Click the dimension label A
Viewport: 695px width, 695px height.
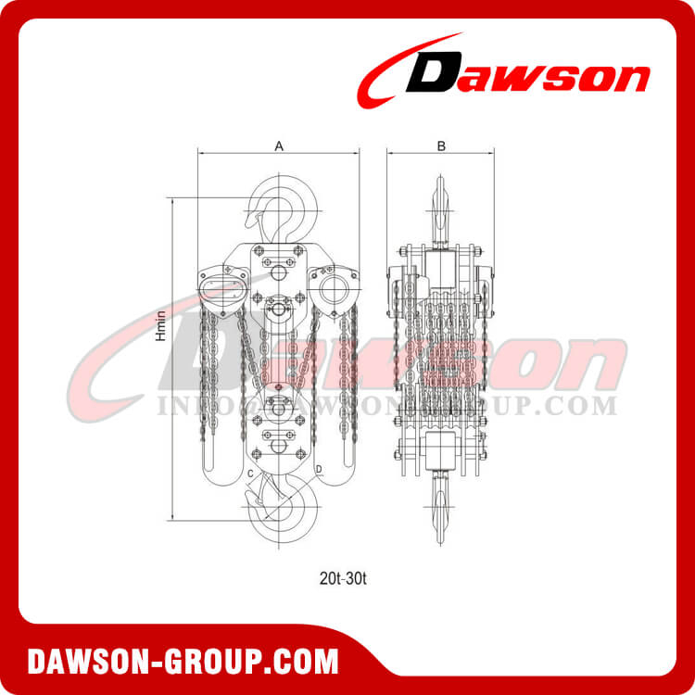point(278,145)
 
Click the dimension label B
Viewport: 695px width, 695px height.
point(441,145)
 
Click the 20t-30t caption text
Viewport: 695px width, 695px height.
point(347,575)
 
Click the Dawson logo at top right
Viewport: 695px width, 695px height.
point(505,74)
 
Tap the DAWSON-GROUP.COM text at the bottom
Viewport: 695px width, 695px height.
point(183,663)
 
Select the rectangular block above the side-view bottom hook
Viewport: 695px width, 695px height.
point(441,453)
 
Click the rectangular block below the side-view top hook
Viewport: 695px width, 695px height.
point(441,268)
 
